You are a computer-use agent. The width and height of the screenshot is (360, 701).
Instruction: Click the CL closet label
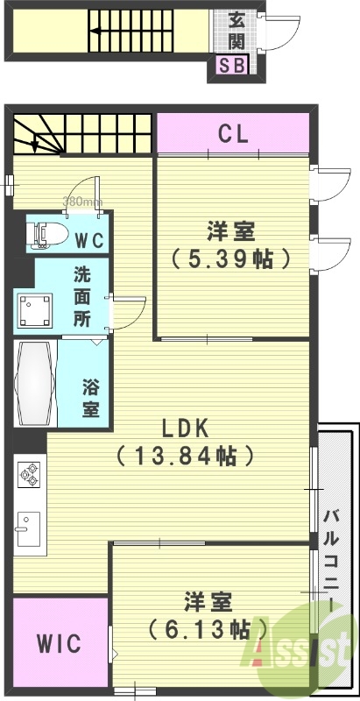click(233, 135)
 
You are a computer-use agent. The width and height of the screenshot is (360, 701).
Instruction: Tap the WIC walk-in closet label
click(59, 644)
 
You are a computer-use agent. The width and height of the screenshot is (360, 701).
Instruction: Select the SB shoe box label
click(231, 65)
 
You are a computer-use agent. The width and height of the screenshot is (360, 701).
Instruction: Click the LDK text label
click(184, 428)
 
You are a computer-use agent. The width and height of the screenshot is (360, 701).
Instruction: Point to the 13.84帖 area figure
click(185, 456)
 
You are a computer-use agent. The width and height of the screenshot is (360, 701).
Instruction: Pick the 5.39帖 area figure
click(231, 259)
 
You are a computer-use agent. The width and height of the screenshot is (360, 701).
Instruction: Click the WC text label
click(87, 238)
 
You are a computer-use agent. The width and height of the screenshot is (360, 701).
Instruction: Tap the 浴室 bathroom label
click(90, 397)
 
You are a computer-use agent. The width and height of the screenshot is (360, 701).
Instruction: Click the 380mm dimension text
click(82, 202)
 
